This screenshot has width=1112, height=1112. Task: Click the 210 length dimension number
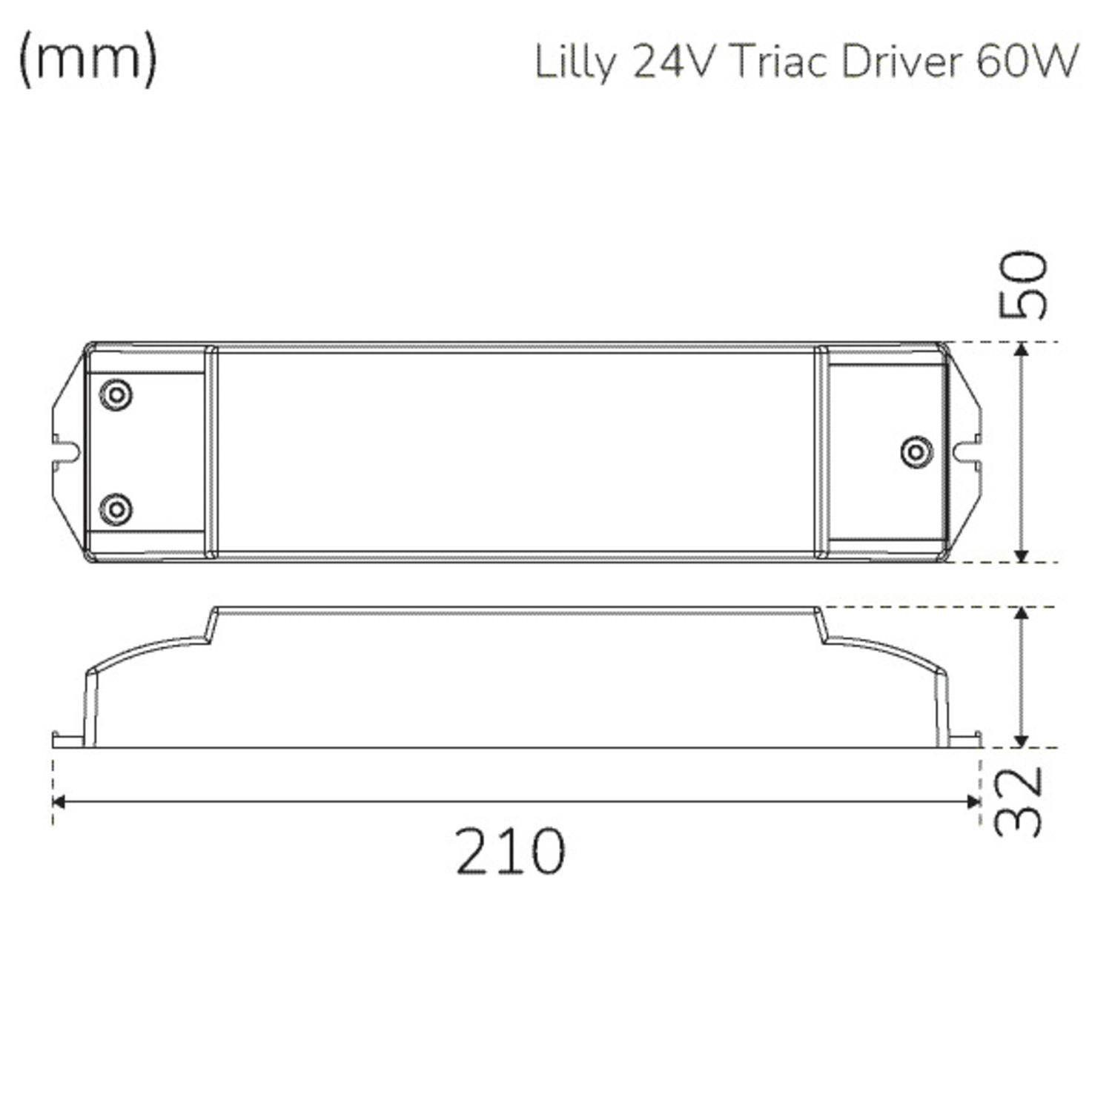[x=510, y=851]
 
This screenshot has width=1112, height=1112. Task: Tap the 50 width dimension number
[x=1023, y=285]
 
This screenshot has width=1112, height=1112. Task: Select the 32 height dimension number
[x=1019, y=802]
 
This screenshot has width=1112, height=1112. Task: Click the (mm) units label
[x=87, y=59]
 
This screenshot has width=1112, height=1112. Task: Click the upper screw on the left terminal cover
[x=116, y=394]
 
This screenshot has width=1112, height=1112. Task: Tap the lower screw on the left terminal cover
[x=116, y=509]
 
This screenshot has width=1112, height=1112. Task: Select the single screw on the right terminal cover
[x=916, y=451]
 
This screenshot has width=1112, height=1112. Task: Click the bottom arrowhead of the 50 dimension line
[x=1022, y=555]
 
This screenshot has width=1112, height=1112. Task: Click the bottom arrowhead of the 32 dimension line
[x=1022, y=741]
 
